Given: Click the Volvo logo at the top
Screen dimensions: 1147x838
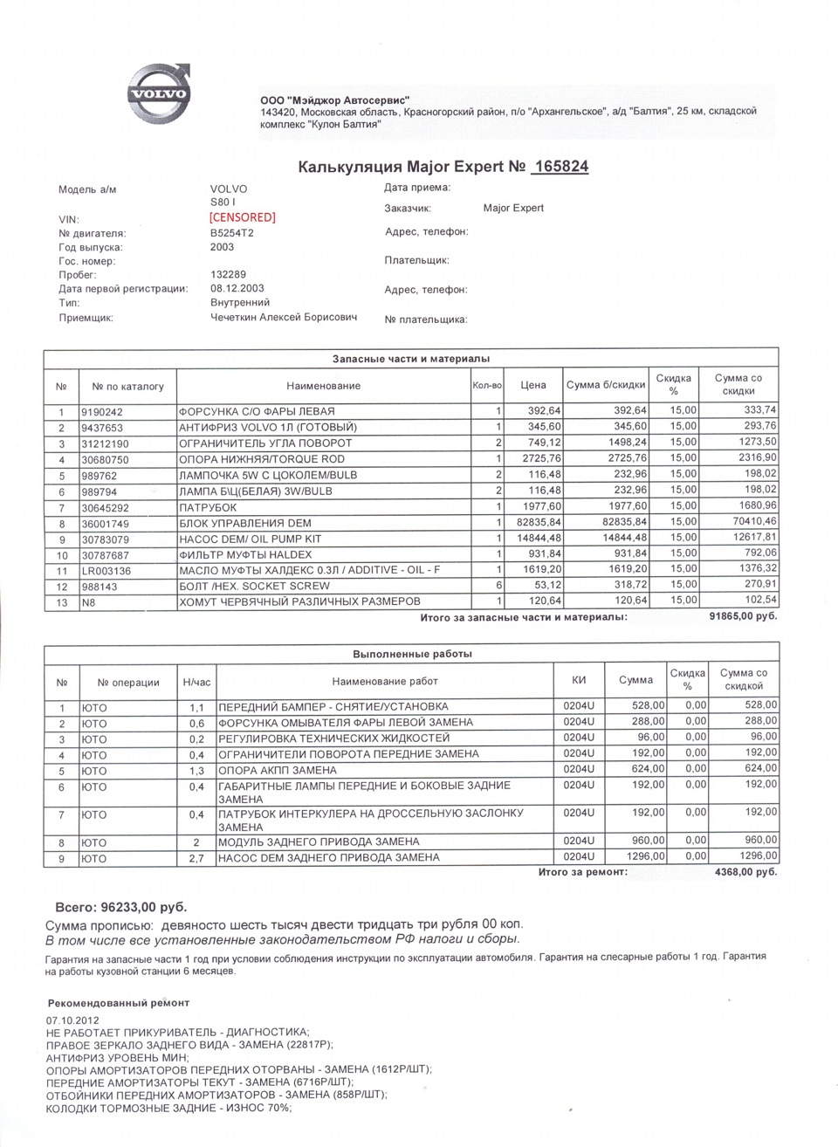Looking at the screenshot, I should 158,92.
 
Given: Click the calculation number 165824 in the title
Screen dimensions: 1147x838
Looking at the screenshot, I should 560,167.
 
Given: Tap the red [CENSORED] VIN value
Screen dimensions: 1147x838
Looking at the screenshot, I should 243,217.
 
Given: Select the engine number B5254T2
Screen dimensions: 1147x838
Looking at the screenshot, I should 232,233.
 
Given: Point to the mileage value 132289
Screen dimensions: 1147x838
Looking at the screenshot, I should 229,274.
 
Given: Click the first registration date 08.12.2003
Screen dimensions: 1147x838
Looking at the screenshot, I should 237,288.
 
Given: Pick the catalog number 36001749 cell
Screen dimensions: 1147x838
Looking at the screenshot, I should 106,522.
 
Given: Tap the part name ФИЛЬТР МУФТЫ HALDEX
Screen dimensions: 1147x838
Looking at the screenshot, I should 244,553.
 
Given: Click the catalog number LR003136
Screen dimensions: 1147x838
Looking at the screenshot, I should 106,569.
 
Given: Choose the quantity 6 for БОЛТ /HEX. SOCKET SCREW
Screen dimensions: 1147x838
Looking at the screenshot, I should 498,585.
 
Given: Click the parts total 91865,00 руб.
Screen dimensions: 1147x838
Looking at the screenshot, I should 741,616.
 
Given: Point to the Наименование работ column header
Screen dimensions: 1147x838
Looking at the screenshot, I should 385,681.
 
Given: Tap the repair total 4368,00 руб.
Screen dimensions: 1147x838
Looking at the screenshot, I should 745,872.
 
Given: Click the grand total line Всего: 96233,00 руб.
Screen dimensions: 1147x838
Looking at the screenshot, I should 121,907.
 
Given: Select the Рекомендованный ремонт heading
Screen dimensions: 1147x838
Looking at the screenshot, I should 119,1003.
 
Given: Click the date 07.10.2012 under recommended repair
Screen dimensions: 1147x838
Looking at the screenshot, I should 72,1020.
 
